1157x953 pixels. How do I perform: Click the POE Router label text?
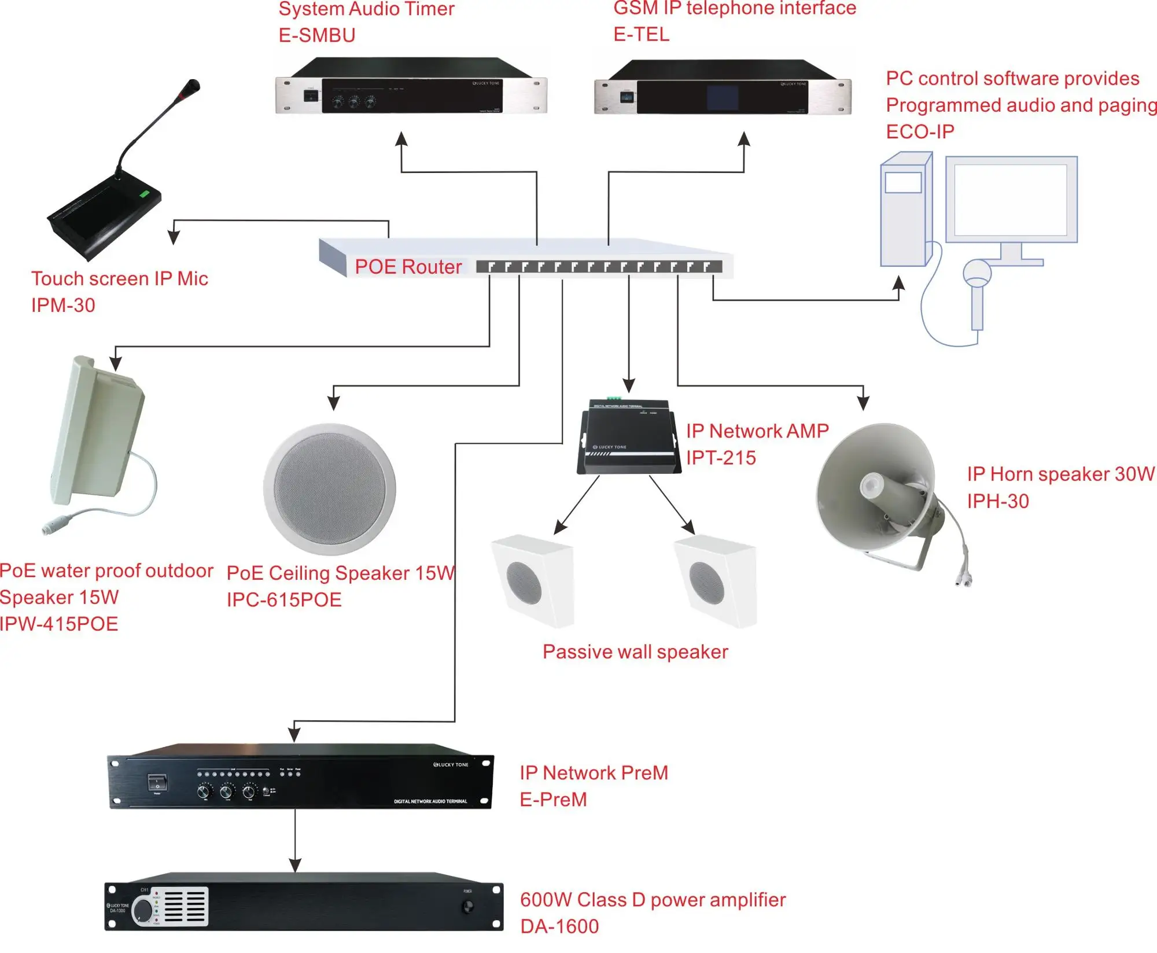[x=408, y=267]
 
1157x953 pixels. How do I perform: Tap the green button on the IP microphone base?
[x=144, y=194]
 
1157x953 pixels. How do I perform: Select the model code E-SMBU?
[x=316, y=36]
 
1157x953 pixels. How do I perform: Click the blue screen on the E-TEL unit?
[x=722, y=98]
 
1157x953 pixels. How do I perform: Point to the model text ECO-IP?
[x=919, y=132]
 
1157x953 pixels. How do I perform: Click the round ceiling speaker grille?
[x=329, y=489]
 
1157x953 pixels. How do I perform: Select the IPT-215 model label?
[x=721, y=458]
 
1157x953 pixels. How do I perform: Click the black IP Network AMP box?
[x=628, y=437]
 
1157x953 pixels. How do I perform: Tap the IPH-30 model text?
[x=998, y=501]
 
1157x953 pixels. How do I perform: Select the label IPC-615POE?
[x=283, y=600]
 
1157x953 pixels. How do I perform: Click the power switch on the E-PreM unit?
[x=157, y=783]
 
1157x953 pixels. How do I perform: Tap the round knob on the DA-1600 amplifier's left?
[x=142, y=911]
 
